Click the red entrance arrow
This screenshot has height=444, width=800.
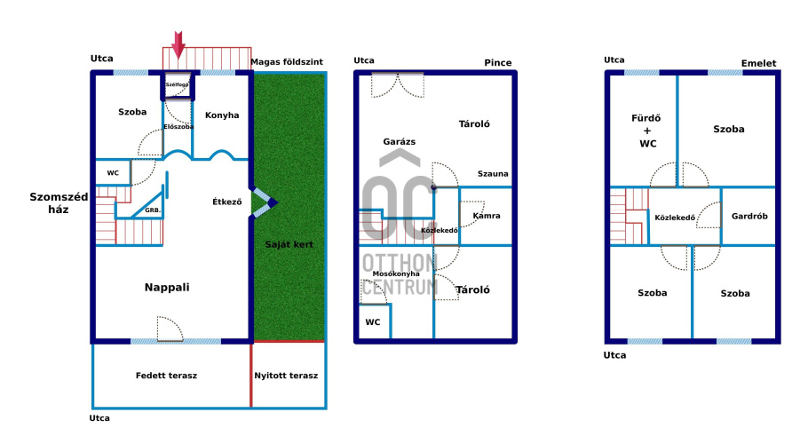[x=178, y=45]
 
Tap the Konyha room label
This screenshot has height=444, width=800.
[x=222, y=115]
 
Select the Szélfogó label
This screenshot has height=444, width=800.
[x=177, y=84]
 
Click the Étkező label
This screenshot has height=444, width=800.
[x=227, y=202]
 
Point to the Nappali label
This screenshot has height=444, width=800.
[x=167, y=288]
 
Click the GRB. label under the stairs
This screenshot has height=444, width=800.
[x=153, y=210]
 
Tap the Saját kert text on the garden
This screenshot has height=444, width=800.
[x=289, y=244]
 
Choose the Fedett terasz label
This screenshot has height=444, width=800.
[x=166, y=376]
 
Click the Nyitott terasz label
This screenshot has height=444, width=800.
[x=286, y=376]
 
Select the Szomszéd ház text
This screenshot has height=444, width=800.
[x=59, y=203]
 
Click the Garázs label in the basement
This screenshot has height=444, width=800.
[x=399, y=142]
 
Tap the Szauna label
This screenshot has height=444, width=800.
[x=493, y=174]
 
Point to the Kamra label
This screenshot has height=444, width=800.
[x=487, y=216]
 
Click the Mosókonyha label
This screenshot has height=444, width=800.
[x=396, y=274]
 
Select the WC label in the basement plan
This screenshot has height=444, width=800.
[x=372, y=322]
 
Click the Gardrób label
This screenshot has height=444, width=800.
[x=749, y=217]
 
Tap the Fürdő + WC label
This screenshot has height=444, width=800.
[x=646, y=131]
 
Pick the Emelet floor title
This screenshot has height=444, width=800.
[x=758, y=63]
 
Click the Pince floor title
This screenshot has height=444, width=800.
[x=498, y=63]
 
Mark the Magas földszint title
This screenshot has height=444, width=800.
[x=287, y=62]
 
